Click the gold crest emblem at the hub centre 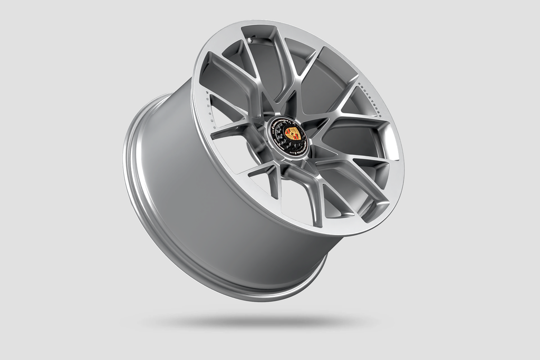point(291,133)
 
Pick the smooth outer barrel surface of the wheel point(211,211)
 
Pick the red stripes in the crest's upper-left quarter point(288,131)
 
